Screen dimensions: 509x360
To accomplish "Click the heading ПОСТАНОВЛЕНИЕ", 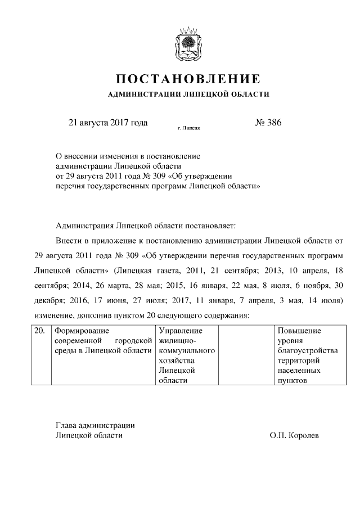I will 188,78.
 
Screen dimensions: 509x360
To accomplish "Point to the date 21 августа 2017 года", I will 107,123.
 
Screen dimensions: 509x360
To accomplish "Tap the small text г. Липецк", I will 188,128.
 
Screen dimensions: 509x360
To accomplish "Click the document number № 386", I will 268,123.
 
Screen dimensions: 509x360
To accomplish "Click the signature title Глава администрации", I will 95,425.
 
